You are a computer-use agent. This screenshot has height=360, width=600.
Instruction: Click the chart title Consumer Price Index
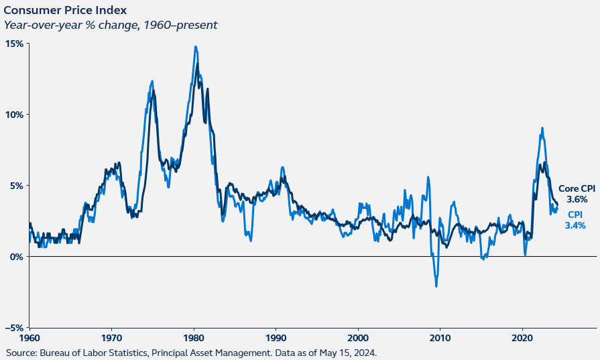(x=64, y=11)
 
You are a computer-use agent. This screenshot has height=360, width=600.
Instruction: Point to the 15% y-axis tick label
(x=15, y=44)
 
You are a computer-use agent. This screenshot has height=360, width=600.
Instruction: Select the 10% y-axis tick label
(x=15, y=115)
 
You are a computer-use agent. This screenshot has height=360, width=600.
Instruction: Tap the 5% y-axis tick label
(x=17, y=186)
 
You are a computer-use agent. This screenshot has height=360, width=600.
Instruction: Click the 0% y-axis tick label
(x=17, y=257)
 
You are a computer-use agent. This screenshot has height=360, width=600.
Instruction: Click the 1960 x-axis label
(x=30, y=337)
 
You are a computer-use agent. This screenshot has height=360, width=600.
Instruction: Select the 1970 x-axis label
(x=112, y=337)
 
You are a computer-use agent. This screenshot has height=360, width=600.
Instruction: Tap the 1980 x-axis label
(x=194, y=337)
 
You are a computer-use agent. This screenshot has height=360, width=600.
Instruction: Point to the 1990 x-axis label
(x=276, y=337)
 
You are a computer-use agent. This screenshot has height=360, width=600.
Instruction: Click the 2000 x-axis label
(x=359, y=337)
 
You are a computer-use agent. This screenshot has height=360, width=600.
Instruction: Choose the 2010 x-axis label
(x=440, y=337)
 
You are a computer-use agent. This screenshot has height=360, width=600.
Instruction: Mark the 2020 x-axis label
(x=523, y=337)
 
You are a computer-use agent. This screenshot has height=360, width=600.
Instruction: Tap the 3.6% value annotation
(x=577, y=199)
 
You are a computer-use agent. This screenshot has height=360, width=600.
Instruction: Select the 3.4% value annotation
(x=575, y=225)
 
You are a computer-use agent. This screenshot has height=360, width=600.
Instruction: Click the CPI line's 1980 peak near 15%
(x=195, y=47)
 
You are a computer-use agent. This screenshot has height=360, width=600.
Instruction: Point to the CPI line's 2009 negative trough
(x=436, y=286)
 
